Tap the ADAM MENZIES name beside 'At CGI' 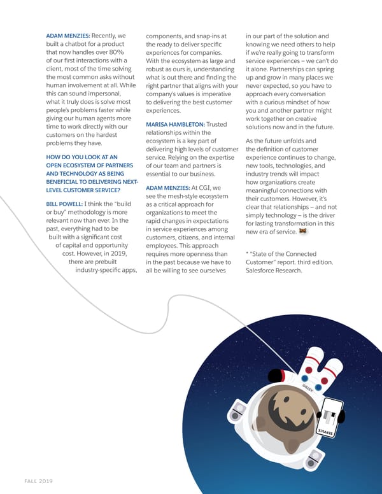tap(167, 188)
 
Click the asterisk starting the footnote tap(247, 253)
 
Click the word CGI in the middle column tap(203, 188)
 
